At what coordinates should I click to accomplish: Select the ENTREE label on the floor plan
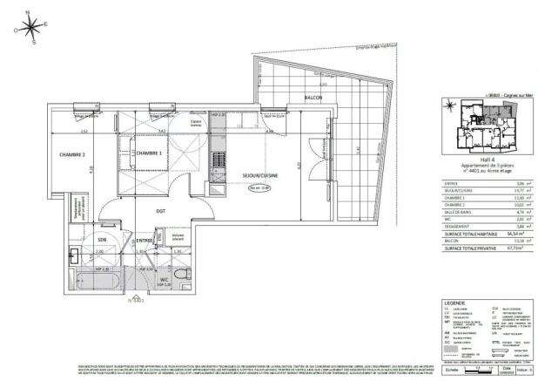tap(145, 240)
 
